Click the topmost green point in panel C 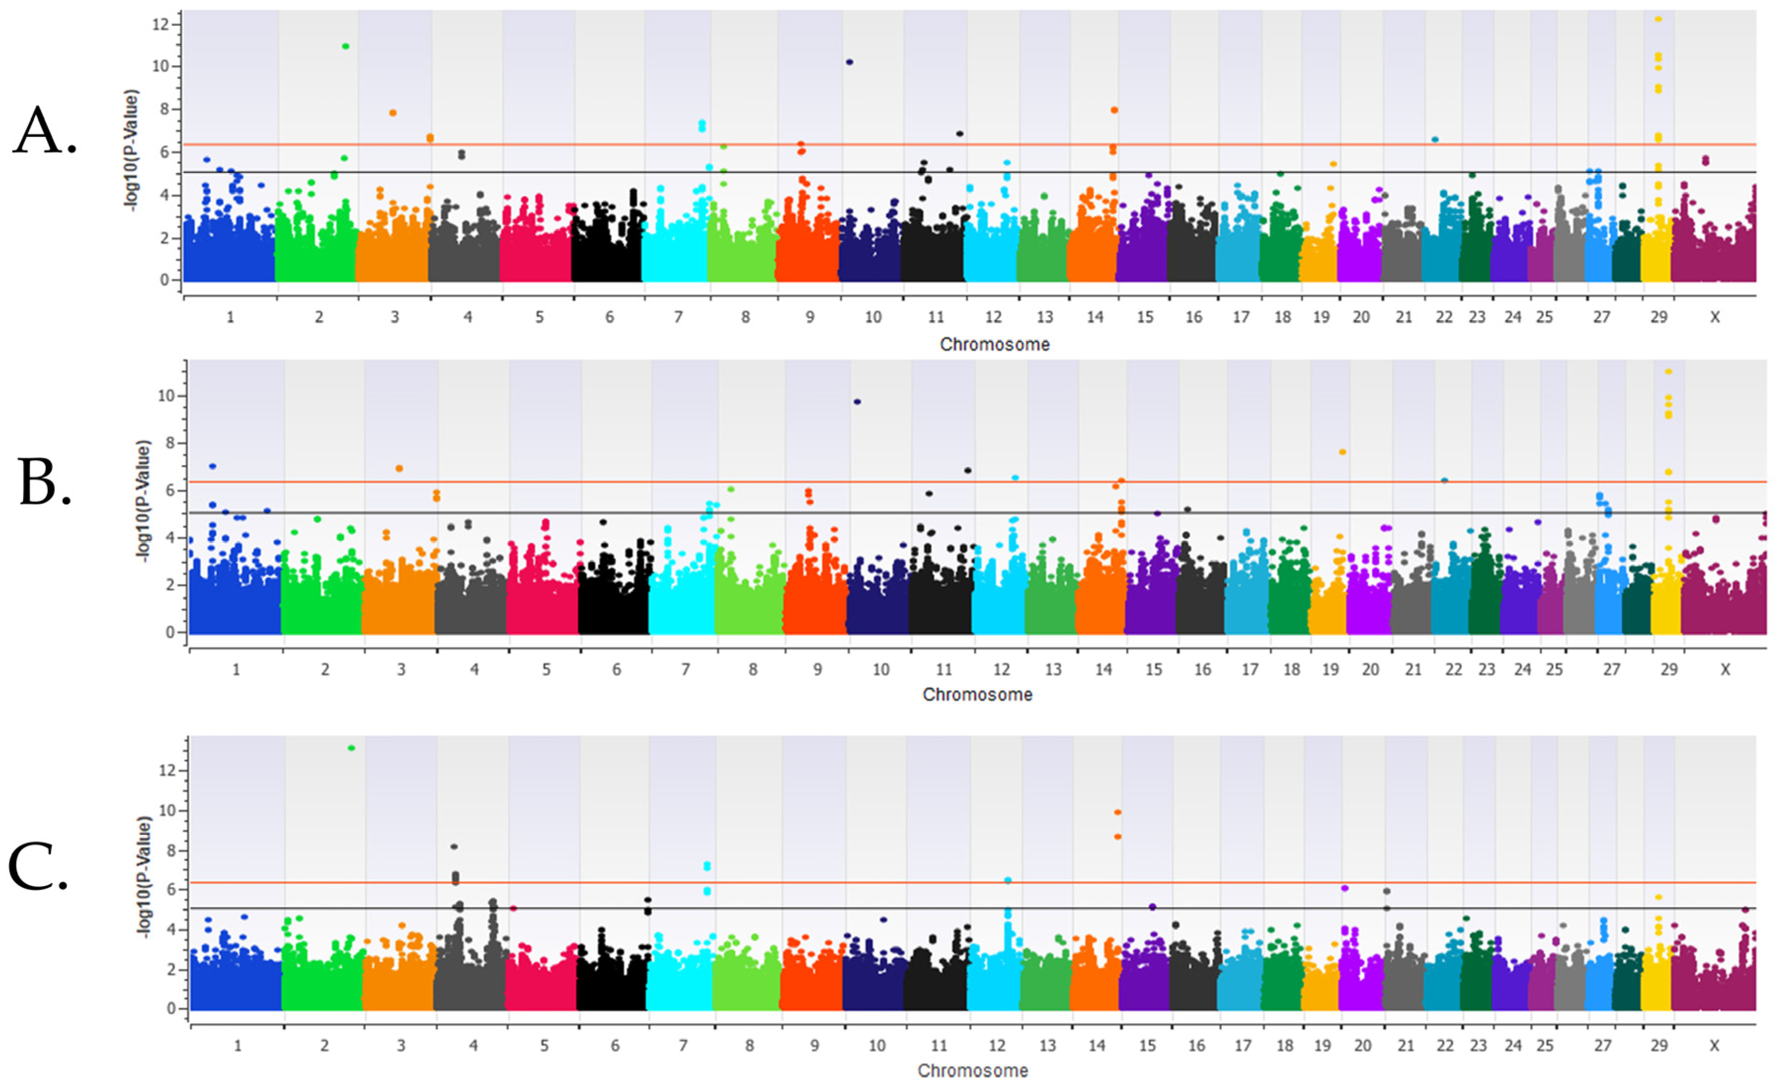351,748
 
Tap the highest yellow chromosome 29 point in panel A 1658,19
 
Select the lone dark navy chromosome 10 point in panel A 849,63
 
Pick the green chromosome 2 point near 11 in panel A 345,46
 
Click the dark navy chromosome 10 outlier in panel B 857,402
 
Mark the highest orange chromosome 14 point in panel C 1118,812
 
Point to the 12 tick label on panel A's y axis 160,25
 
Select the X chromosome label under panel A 1715,317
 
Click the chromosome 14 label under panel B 1104,670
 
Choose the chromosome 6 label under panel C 615,1046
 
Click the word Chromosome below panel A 995,345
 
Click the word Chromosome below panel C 973,1071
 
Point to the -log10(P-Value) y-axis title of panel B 144,501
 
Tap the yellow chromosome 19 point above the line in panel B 1342,452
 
